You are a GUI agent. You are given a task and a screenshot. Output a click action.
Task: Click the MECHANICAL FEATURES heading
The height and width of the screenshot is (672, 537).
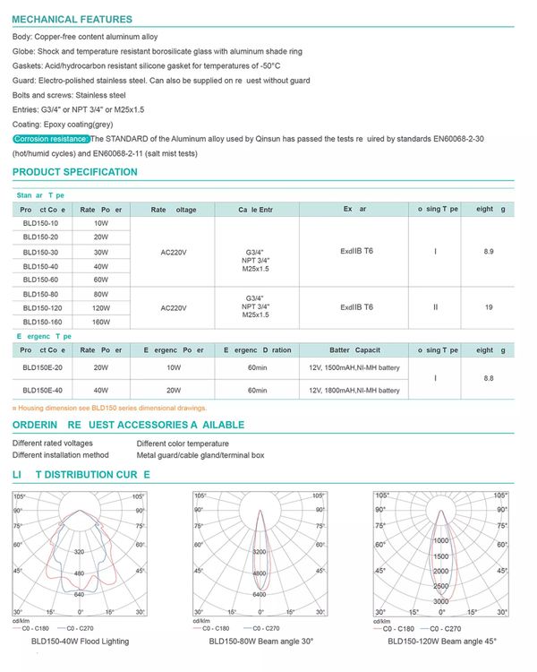coord(72,19)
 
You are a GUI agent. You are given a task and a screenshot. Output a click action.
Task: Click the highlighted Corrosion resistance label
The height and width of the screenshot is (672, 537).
coord(51,139)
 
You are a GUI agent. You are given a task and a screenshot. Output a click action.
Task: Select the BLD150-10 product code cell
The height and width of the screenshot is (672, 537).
coord(40,223)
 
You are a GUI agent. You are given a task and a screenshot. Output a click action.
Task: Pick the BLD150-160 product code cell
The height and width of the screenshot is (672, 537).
coord(42,322)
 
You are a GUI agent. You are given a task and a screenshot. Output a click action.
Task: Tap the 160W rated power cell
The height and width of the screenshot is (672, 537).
coord(101,322)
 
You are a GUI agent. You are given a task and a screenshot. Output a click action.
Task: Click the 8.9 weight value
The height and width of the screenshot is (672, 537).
coord(488,252)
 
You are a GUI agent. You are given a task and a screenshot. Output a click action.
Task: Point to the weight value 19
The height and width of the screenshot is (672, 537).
coord(488,307)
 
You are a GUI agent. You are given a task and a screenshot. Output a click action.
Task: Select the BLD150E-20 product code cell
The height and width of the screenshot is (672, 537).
coord(42,366)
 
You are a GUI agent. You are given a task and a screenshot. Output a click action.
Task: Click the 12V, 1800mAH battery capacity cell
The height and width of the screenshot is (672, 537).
coord(352,391)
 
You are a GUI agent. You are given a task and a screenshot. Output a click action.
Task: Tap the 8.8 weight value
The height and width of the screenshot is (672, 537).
coord(488,379)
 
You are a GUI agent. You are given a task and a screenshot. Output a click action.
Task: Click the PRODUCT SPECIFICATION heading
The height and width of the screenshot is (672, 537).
coord(75,172)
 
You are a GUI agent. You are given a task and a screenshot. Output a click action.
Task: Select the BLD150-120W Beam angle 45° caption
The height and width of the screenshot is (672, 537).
coord(441,642)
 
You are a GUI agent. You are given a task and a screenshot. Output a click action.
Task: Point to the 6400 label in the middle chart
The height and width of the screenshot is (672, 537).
coord(259,594)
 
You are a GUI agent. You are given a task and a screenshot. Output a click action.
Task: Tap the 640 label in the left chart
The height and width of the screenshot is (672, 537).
coord(79,594)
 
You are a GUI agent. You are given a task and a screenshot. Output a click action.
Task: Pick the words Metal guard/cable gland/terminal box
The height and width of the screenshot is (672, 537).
coord(200,455)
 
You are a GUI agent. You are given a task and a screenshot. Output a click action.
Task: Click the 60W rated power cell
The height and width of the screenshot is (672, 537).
coord(101,280)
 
